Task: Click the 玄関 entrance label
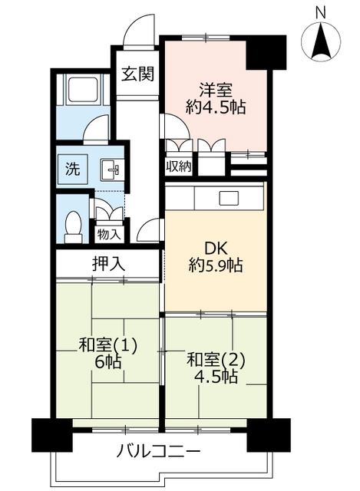[x=137, y=74]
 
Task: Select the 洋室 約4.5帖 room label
[x=216, y=97]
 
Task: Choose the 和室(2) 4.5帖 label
[x=216, y=367]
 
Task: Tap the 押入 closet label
[x=107, y=264]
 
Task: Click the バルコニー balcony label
[x=160, y=450]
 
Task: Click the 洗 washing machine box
[x=70, y=169]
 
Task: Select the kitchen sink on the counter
[x=230, y=198]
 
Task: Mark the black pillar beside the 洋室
[x=265, y=53]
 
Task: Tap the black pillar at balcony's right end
[x=268, y=435]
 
